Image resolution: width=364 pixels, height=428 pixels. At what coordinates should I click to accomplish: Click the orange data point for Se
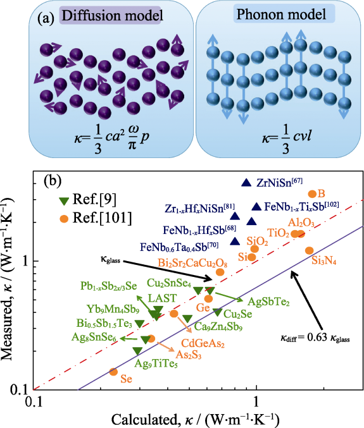coord(113,372)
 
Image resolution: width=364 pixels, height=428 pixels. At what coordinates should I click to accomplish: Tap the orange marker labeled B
coord(312,194)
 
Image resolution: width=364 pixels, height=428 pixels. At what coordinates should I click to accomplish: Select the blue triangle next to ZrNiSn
coord(246,183)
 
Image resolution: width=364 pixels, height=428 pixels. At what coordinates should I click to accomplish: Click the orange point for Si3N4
coord(309,250)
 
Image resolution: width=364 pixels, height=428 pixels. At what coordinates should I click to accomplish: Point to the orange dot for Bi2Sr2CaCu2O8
coord(220,272)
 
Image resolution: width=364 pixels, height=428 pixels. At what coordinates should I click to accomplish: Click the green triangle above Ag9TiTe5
coord(137,351)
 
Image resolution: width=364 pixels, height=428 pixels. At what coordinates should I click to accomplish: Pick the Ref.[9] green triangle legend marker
coord(65,201)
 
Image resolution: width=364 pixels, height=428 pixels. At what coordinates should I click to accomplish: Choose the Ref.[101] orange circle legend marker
coord(64,218)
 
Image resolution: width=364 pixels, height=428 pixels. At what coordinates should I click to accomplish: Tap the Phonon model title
coord(281,14)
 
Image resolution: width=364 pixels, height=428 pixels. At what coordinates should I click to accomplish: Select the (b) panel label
coord(53,181)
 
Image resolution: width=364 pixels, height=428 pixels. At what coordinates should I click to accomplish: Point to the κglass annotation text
coord(110,260)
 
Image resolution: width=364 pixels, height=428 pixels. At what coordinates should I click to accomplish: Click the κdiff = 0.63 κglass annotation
coord(315,338)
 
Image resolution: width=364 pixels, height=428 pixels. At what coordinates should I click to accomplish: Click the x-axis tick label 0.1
coord(34,402)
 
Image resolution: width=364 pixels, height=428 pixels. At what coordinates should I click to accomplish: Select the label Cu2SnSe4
coord(169,283)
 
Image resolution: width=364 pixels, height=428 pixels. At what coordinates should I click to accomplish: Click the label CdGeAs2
coord(203,343)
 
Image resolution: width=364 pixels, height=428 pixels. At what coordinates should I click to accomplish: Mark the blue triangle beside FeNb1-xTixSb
coord(256,207)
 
